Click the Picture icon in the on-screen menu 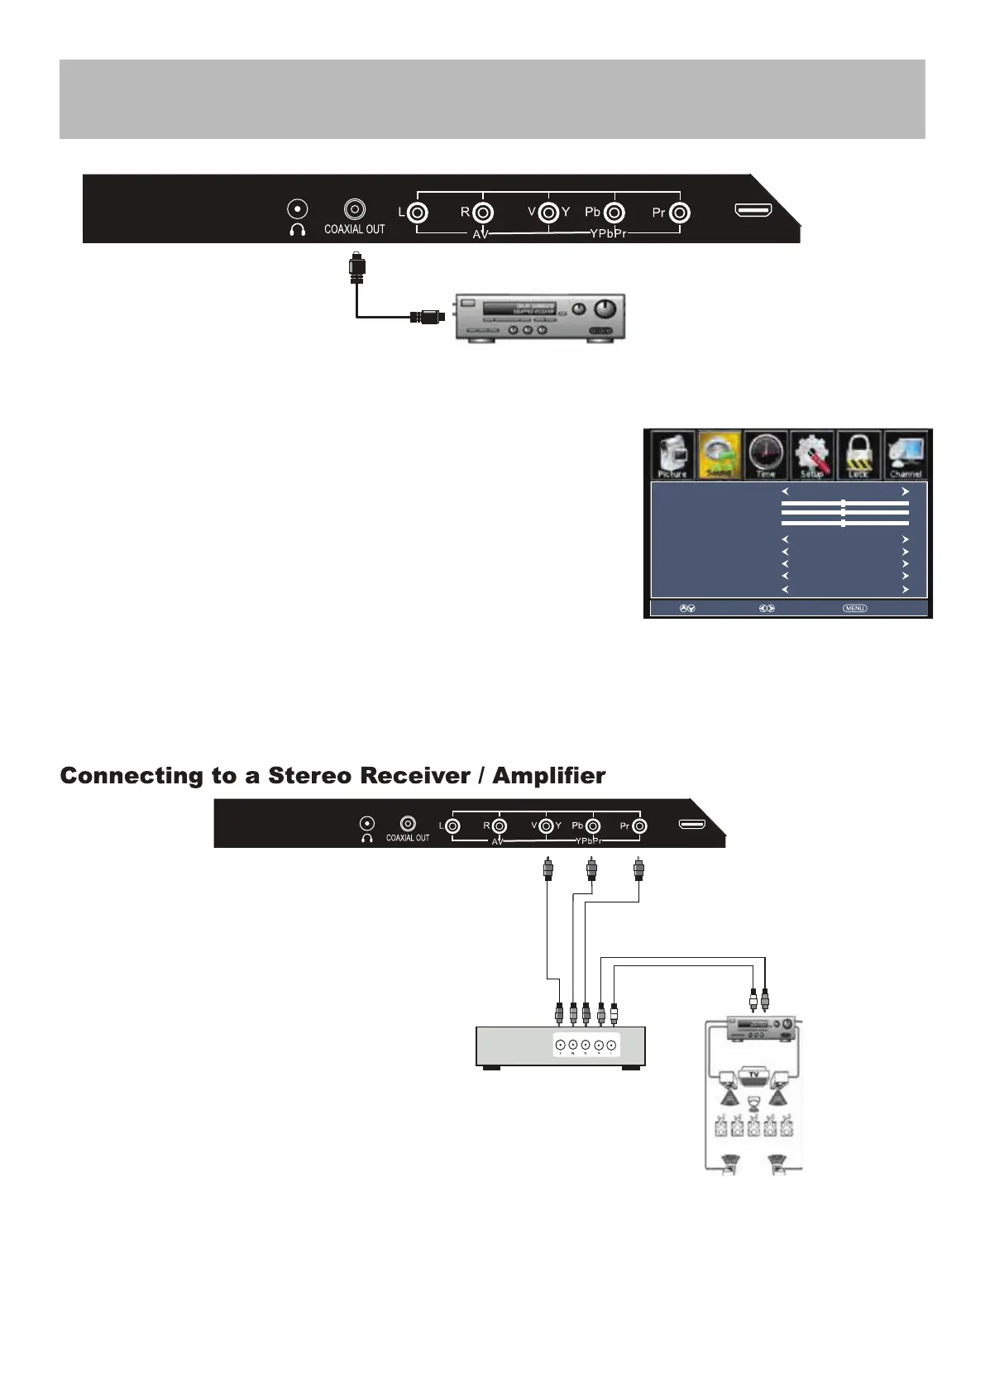coord(672,454)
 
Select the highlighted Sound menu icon coord(719,454)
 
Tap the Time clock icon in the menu coord(766,454)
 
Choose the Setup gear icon coord(812,454)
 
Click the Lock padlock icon coord(858,454)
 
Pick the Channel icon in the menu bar coord(906,454)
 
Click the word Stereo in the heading coord(309,776)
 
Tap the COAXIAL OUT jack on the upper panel coord(355,209)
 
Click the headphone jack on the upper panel coord(297,209)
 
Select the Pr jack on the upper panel coord(679,213)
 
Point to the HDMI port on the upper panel coord(753,210)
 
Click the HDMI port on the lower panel coord(692,824)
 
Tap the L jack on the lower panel coord(452,826)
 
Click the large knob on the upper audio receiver coord(605,309)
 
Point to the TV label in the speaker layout coord(753,1074)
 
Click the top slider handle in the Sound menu coord(843,503)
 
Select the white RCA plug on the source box coord(613,1013)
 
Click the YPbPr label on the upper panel coord(608,233)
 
